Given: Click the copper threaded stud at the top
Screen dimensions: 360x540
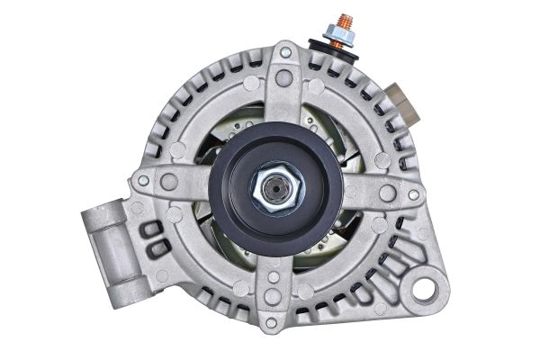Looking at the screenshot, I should [x=342, y=21].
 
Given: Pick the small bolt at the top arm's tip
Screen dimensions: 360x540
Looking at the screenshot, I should [x=285, y=53].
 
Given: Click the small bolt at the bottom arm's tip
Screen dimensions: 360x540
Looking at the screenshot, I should [x=271, y=321].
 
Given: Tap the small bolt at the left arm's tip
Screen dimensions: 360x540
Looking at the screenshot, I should [x=143, y=180].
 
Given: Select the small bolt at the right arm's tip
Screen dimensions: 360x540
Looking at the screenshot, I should [x=412, y=194].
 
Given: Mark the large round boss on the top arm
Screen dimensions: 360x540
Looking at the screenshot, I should [x=283, y=78].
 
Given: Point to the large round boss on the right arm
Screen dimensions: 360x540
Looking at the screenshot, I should [x=387, y=193].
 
